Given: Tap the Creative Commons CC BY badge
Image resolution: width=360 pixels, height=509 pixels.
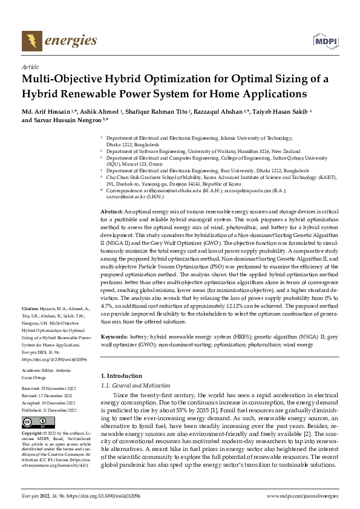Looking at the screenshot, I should (x=34, y=423).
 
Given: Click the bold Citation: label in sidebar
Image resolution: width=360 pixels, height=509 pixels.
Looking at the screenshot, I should (x=31, y=308).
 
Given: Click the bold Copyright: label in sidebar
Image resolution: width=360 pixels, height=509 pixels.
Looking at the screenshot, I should (x=33, y=434).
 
